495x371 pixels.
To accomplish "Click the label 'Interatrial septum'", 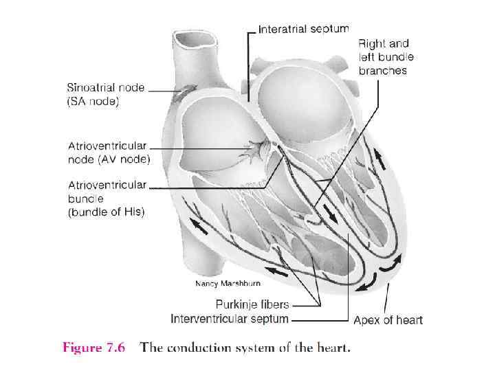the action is (302, 29).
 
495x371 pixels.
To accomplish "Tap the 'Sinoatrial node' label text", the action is (106, 89).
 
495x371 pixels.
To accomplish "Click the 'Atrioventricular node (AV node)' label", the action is (109, 152).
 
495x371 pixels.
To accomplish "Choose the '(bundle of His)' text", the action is (106, 212).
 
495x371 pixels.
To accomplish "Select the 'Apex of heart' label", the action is (388, 319).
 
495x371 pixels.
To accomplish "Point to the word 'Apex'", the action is (366, 319).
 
